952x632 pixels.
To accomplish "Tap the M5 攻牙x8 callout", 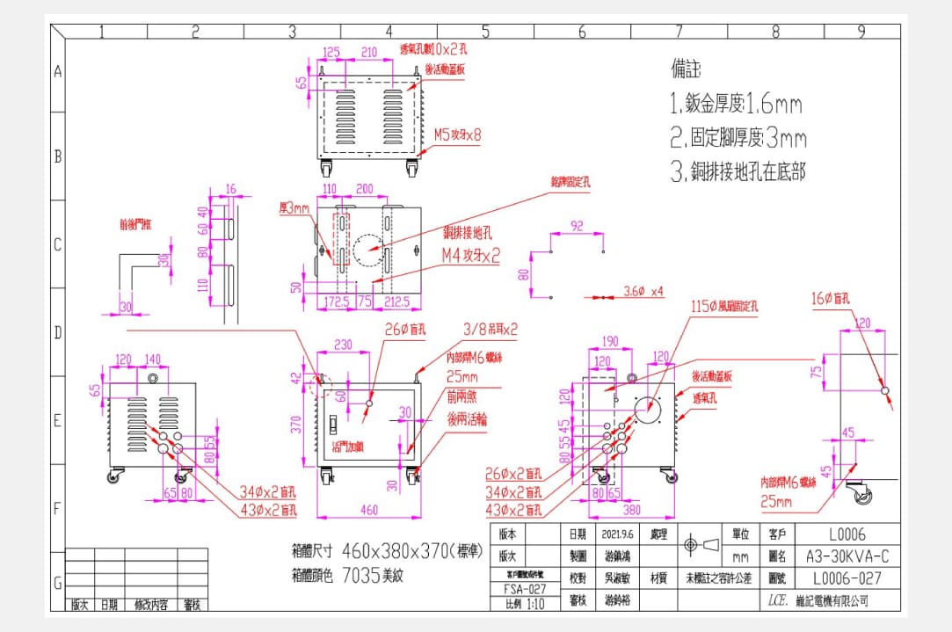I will [457, 135].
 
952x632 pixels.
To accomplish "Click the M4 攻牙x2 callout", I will [470, 256].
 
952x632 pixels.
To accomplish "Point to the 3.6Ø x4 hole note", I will [643, 291].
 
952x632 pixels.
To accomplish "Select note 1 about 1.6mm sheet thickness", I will [736, 105].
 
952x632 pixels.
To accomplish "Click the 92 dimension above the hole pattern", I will [577, 226].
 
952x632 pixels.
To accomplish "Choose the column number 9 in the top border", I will [861, 33].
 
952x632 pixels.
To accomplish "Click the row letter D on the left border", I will [57, 333].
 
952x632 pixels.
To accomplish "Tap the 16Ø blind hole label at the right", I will [833, 300].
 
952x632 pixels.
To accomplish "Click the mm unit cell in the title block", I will [740, 556].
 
